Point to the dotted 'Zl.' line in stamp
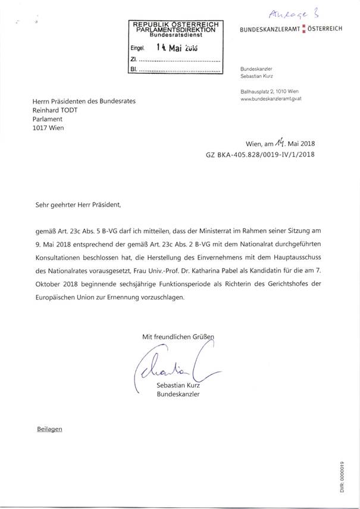point(179,60)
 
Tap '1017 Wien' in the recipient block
point(49,127)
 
